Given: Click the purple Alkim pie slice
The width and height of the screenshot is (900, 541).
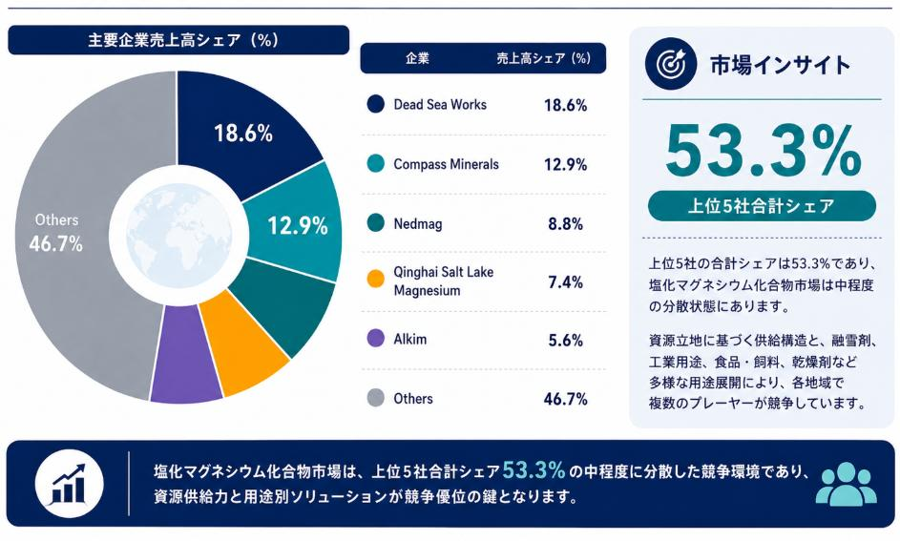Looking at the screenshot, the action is (x=185, y=354).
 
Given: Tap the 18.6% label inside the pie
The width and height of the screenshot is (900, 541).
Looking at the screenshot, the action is (x=243, y=134).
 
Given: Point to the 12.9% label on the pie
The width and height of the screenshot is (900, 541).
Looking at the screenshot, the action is (x=298, y=225).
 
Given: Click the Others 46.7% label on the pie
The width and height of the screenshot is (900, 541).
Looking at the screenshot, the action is (x=56, y=233).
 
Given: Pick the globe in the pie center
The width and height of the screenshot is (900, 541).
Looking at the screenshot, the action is (x=179, y=236).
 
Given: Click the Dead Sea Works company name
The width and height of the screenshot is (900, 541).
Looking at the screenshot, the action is (x=440, y=104).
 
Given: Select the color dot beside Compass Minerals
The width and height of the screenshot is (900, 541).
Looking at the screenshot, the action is (x=375, y=163).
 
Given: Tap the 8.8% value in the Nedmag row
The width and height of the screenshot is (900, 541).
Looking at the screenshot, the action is (x=565, y=223).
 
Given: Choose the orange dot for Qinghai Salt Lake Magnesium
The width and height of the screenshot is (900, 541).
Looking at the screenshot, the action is (x=375, y=280).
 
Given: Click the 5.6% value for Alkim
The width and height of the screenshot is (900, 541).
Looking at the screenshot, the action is (x=565, y=341).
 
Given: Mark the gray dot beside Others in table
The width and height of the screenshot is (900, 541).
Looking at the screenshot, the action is (x=375, y=398).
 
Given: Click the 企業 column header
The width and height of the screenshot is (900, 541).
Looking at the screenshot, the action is (x=417, y=58).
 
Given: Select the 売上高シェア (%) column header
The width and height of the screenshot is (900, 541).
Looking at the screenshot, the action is (x=544, y=58).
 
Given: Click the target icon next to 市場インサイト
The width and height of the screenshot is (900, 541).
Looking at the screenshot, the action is (x=670, y=64).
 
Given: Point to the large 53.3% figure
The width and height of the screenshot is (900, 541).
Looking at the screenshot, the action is (x=764, y=152).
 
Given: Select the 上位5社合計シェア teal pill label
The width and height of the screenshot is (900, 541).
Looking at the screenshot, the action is (x=762, y=206).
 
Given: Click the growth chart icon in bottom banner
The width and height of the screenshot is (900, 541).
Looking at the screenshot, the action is (x=69, y=484).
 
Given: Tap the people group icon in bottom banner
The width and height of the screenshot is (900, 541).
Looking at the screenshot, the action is (x=846, y=483).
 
